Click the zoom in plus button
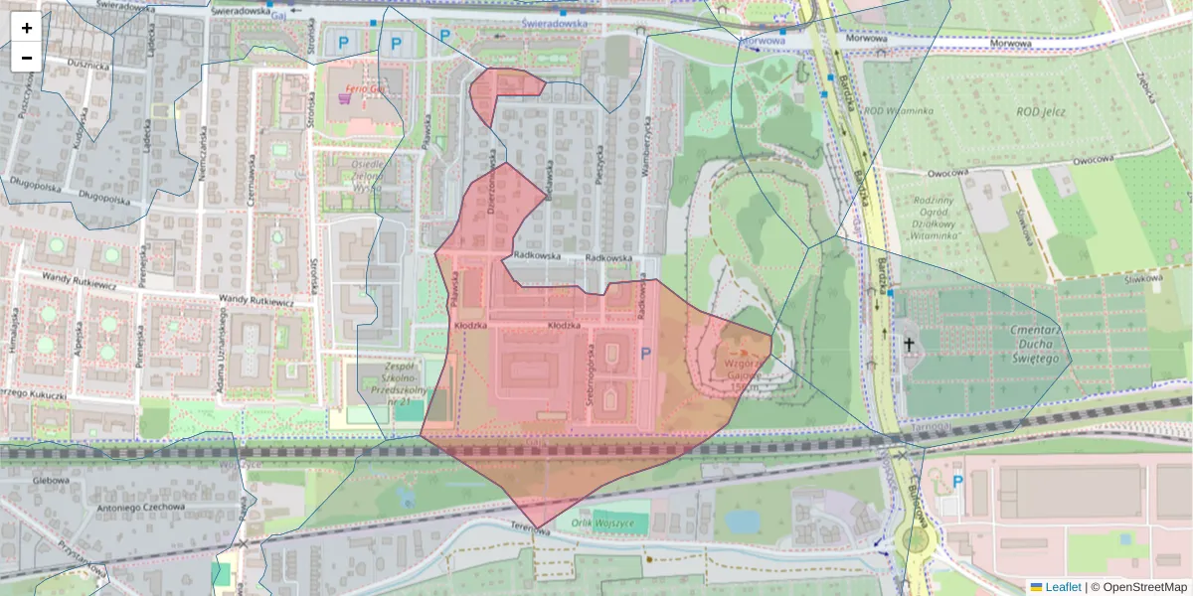click(x=27, y=28)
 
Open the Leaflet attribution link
click(x=1062, y=587)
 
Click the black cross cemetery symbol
click(x=907, y=344)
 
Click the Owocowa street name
click(x=1085, y=159)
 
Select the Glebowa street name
click(x=50, y=480)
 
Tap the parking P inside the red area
click(x=645, y=353)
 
